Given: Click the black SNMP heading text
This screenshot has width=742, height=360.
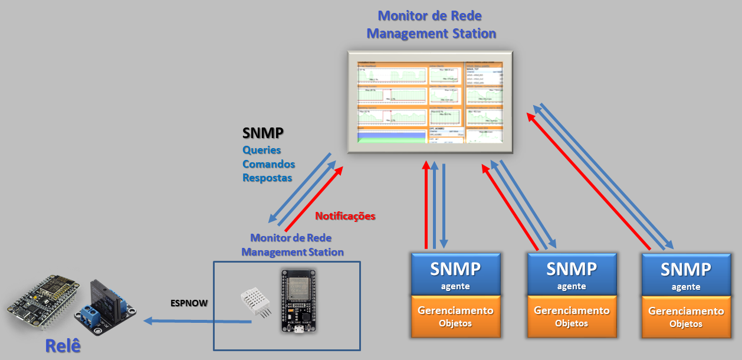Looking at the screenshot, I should click(x=263, y=133).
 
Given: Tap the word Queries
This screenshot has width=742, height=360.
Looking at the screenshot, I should click(x=262, y=150).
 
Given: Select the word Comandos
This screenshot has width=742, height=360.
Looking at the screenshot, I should click(x=269, y=164).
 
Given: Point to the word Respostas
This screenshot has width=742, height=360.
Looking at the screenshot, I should click(x=267, y=178).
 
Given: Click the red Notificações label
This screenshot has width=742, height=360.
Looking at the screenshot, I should click(x=345, y=216).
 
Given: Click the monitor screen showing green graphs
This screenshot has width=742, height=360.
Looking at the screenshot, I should click(x=429, y=102).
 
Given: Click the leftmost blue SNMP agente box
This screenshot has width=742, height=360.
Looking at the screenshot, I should click(x=455, y=274).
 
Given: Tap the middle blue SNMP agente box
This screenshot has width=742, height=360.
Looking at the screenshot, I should click(x=572, y=274).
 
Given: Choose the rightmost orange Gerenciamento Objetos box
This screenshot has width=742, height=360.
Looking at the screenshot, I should click(x=686, y=316).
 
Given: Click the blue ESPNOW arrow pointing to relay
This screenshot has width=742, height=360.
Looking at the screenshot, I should click(x=198, y=321).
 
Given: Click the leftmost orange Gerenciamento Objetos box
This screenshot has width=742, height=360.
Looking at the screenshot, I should click(x=455, y=316).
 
